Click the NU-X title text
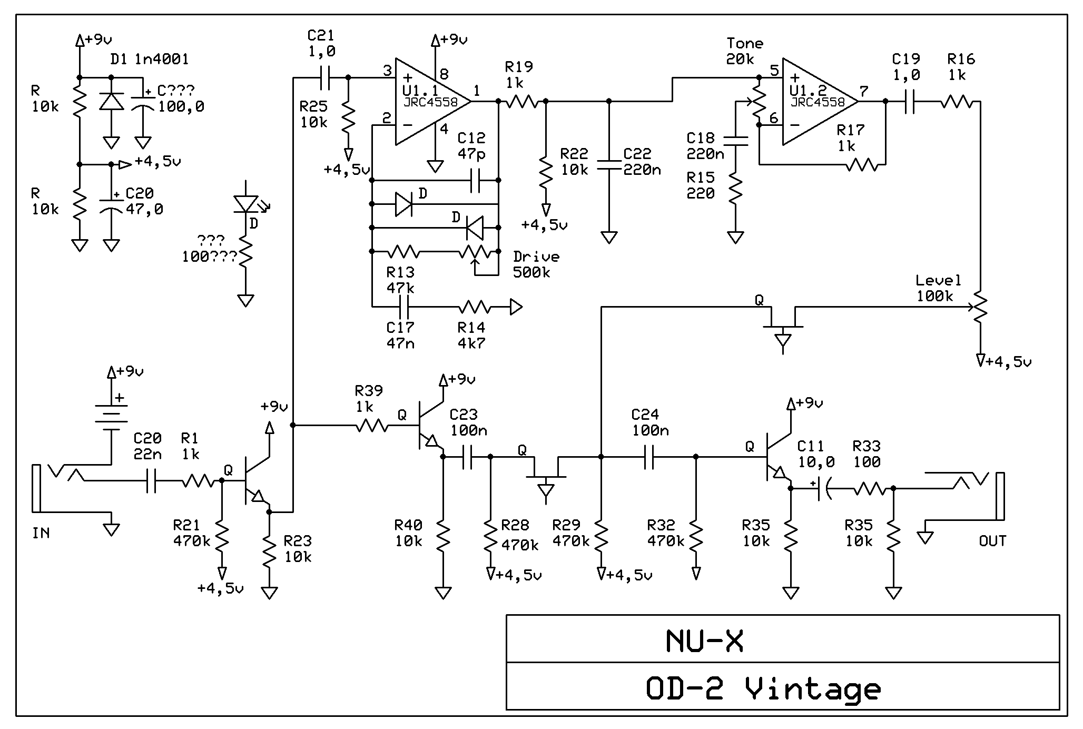[x=704, y=641]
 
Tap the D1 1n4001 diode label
[x=149, y=59]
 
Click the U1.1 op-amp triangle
[x=429, y=102]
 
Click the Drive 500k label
[x=535, y=264]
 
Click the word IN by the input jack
[x=41, y=533]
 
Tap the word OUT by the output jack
[x=992, y=541]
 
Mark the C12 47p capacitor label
[x=471, y=146]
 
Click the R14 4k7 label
[x=471, y=336]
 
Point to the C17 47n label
[x=400, y=336]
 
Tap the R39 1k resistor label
[x=368, y=399]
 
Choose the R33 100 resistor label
[x=866, y=454]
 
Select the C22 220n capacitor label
[x=641, y=162]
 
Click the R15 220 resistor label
[x=701, y=185]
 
